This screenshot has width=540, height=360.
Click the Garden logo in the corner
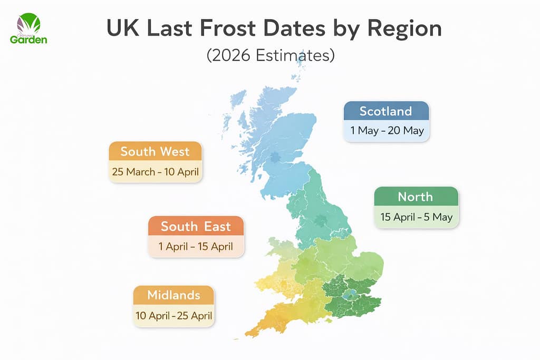28,29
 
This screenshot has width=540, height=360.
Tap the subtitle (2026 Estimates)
270,55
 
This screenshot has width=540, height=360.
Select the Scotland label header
385,111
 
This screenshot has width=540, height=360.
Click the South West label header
155,152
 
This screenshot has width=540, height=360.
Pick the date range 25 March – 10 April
155,172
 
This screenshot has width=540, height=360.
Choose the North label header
416,197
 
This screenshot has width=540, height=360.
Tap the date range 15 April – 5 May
416,217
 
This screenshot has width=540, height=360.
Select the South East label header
196,227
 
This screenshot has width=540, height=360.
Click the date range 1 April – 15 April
196,247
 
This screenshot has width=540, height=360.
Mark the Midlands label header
173,295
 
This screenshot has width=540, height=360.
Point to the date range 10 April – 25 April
173,316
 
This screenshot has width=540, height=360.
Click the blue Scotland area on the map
279,142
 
